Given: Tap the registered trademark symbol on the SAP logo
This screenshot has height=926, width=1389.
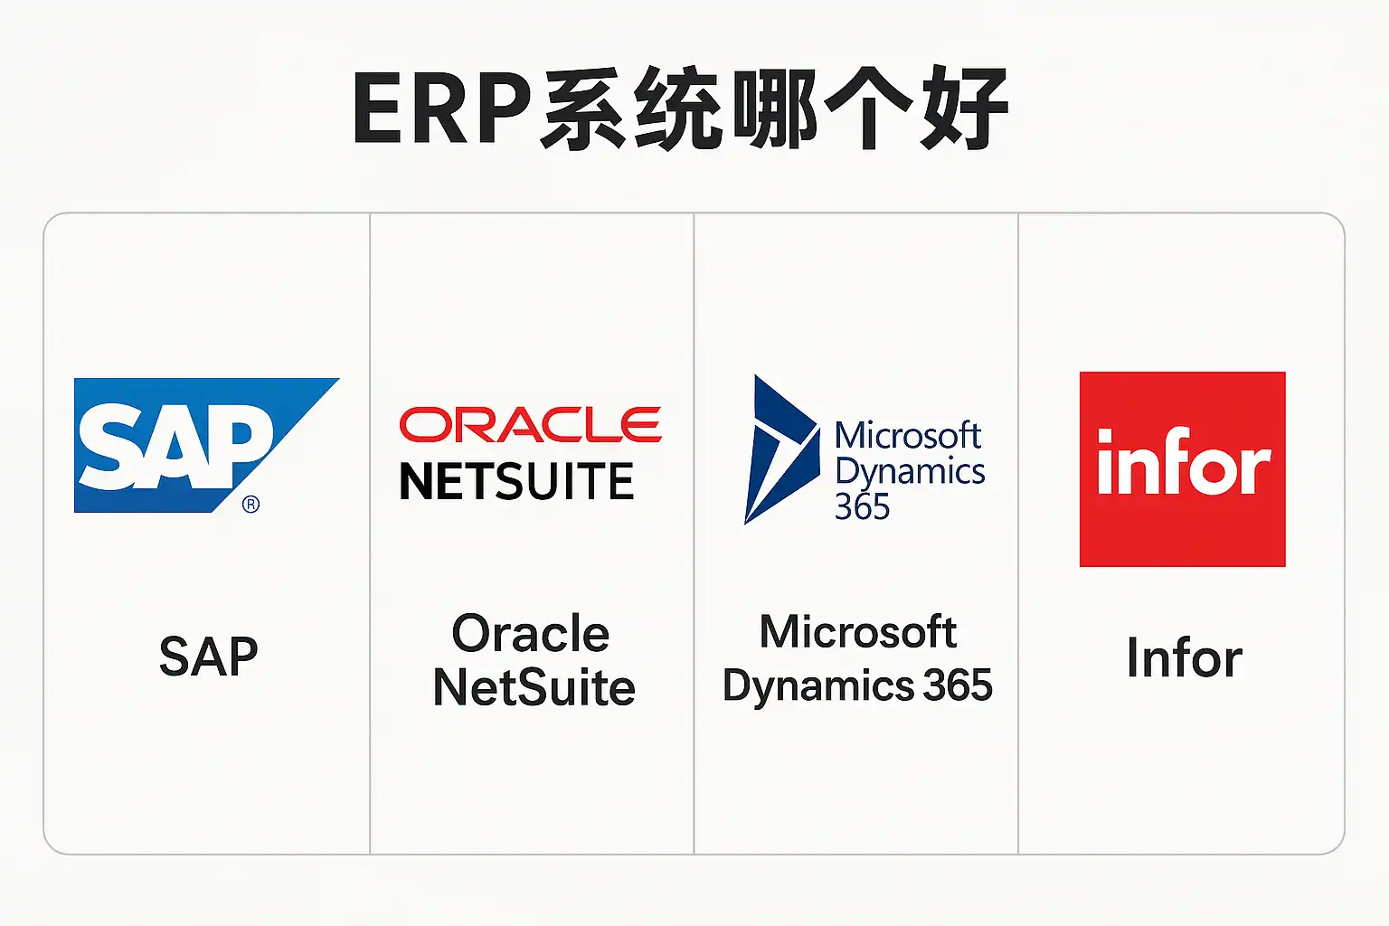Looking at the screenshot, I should tap(251, 505).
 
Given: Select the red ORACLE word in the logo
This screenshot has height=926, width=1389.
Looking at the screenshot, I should tap(530, 425).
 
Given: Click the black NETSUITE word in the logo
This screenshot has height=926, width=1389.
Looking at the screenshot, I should tap(516, 482).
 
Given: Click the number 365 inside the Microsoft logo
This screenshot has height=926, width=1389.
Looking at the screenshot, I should tap(862, 507).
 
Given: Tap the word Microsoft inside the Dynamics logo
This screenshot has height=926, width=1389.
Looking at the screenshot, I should tap(907, 436).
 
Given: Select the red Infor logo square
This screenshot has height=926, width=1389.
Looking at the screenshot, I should tap(1182, 469).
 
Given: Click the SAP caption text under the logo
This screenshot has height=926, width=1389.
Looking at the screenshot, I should tap(208, 657).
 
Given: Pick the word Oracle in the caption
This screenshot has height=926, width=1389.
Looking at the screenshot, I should tap(531, 633).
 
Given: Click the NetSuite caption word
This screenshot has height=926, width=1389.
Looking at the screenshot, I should tap(534, 688).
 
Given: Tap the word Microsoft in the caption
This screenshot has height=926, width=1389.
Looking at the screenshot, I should tap(857, 632).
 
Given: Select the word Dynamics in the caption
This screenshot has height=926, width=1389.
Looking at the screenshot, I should tap(818, 686).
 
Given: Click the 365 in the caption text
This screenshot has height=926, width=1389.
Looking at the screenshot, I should tap(958, 685).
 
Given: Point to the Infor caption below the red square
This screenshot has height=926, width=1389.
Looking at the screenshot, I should tap(1184, 657).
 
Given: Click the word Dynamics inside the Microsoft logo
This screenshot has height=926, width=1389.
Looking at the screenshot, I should tap(910, 472).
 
